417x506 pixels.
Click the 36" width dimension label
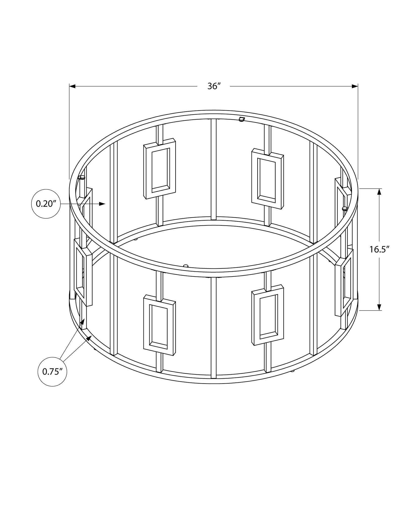coord(213,87)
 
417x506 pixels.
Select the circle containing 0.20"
coord(46,204)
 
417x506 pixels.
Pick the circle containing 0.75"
coord(52,378)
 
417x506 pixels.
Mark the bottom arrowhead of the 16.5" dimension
coord(379,307)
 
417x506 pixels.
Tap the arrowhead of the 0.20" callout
coord(102,204)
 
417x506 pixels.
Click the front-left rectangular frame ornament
coord(159,325)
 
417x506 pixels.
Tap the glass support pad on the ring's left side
coord(82,177)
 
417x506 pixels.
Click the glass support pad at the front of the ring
coord(186,266)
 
